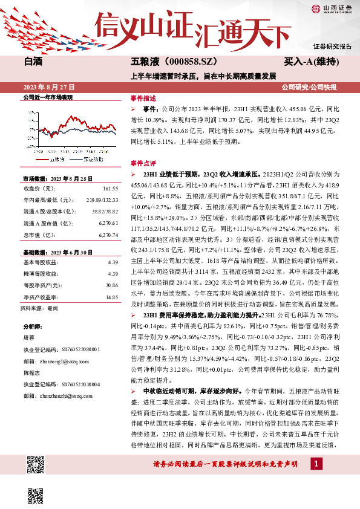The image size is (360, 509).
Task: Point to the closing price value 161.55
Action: pos(109,189)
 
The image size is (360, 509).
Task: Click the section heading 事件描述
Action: pos(143,98)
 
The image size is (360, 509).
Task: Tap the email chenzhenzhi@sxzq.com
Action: pos(65,396)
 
